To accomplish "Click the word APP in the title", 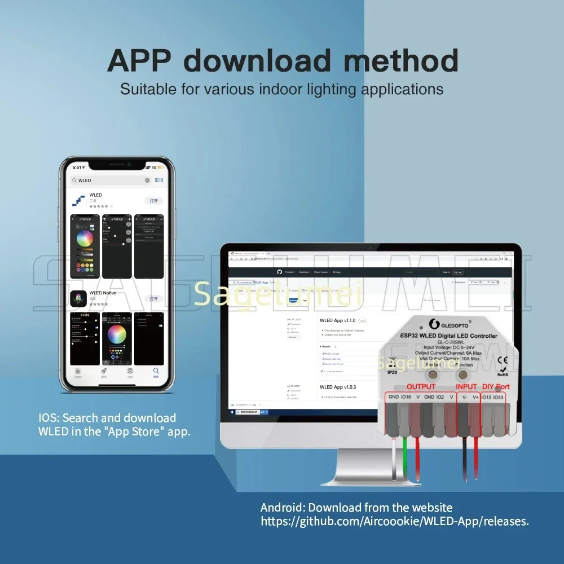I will click(x=142, y=60).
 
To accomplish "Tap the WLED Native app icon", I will click(x=78, y=298).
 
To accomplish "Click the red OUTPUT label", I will click(x=421, y=386).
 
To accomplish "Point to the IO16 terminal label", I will click(x=406, y=397).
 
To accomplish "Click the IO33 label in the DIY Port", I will click(x=498, y=397).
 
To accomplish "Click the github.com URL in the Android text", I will click(x=395, y=522).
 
